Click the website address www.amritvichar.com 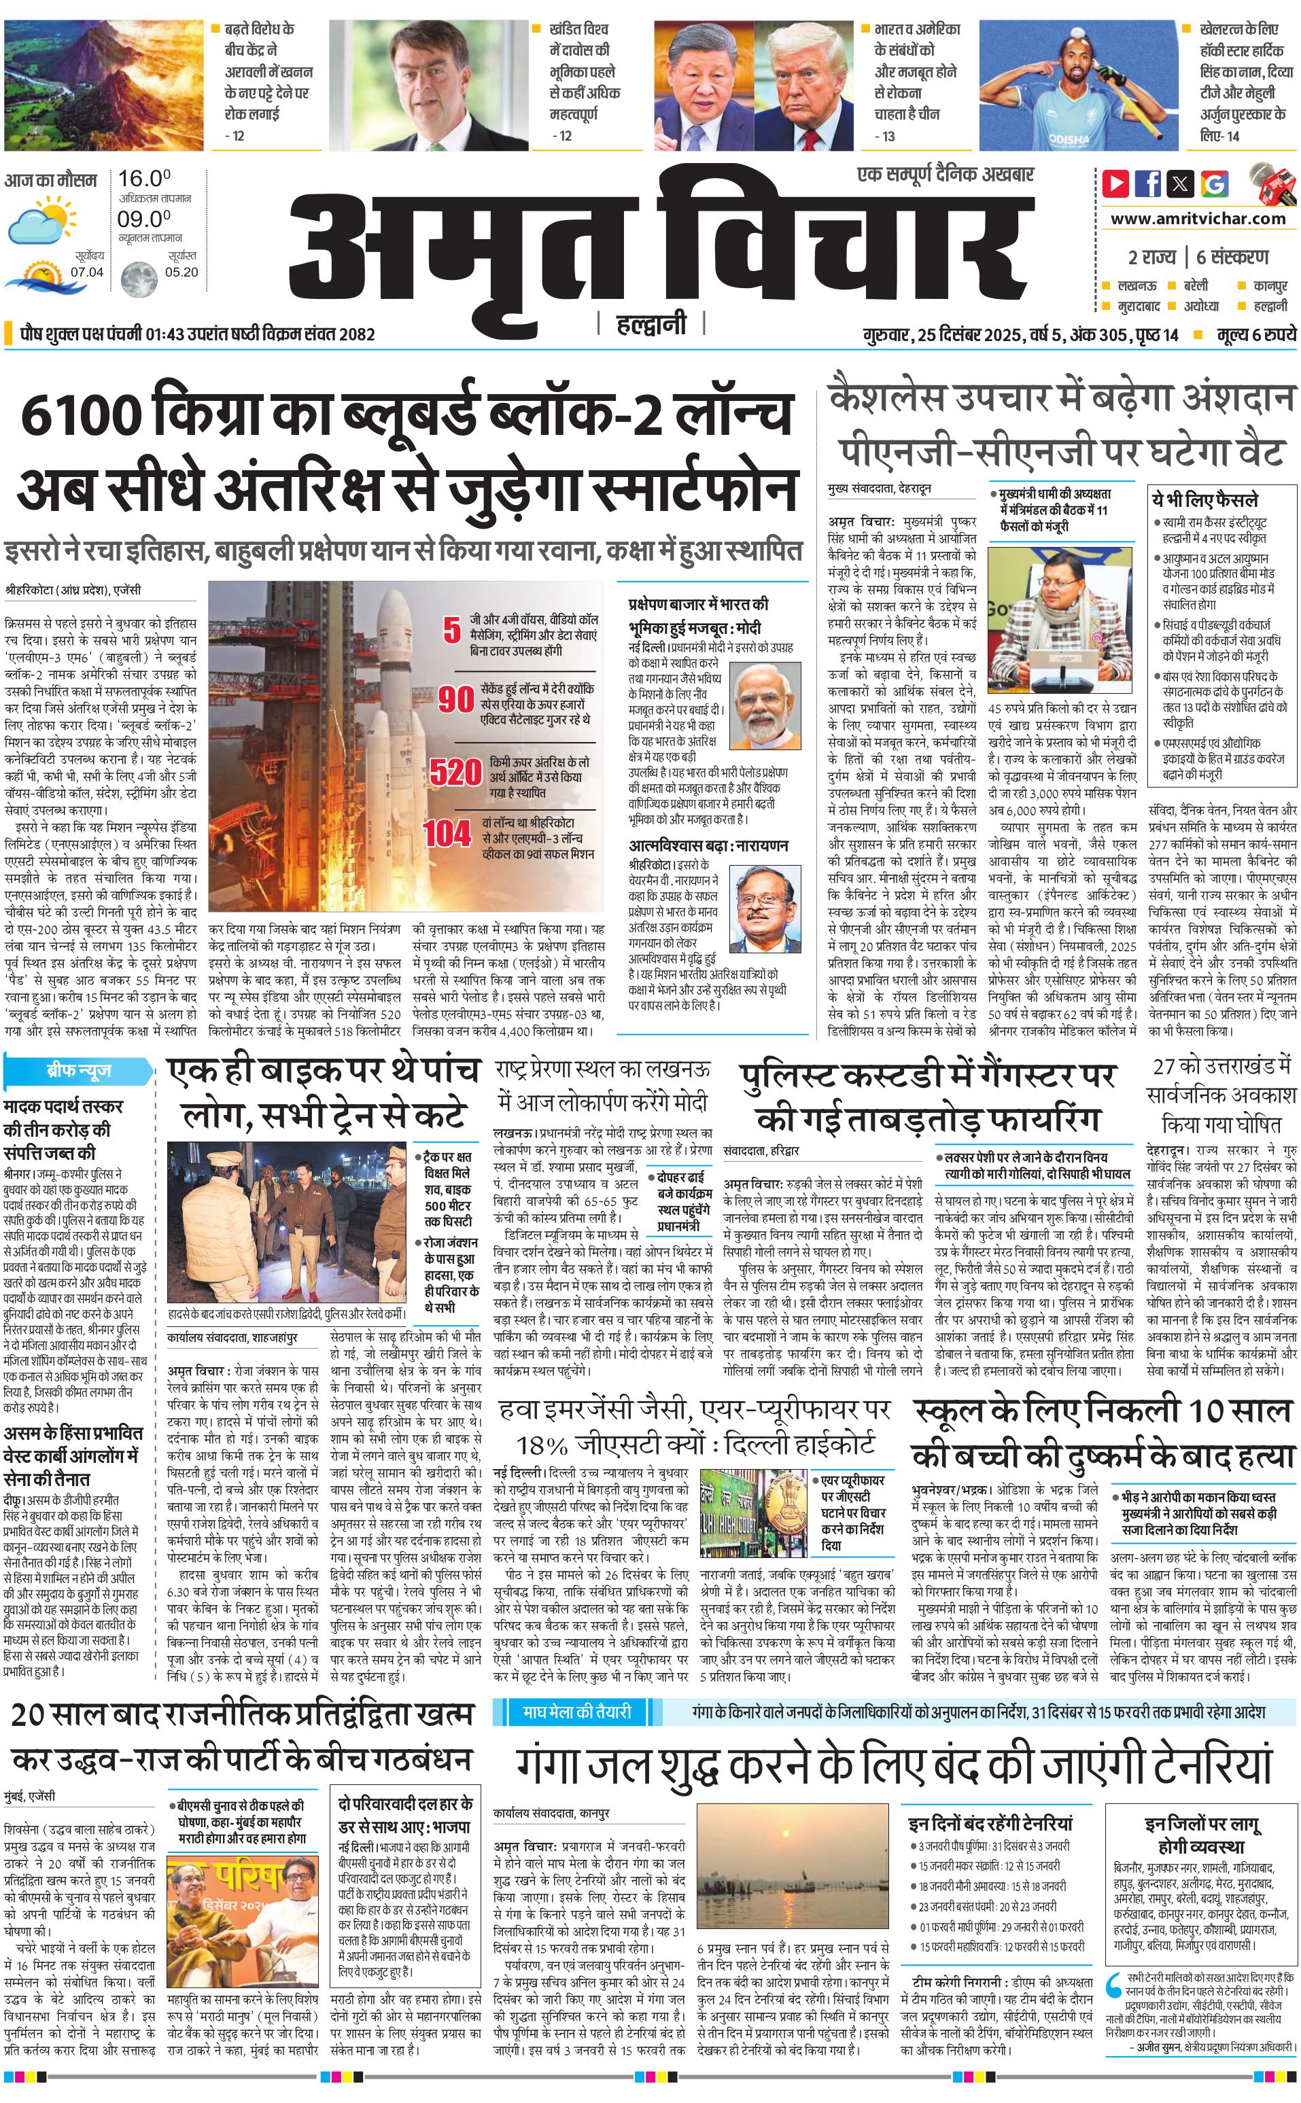[x=1198, y=219]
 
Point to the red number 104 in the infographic [x=447, y=832]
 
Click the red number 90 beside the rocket [x=456, y=699]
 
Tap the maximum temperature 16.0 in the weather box [x=143, y=179]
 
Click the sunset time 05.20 [x=181, y=272]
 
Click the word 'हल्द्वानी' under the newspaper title [x=650, y=323]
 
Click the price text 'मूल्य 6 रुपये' [x=1255, y=334]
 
